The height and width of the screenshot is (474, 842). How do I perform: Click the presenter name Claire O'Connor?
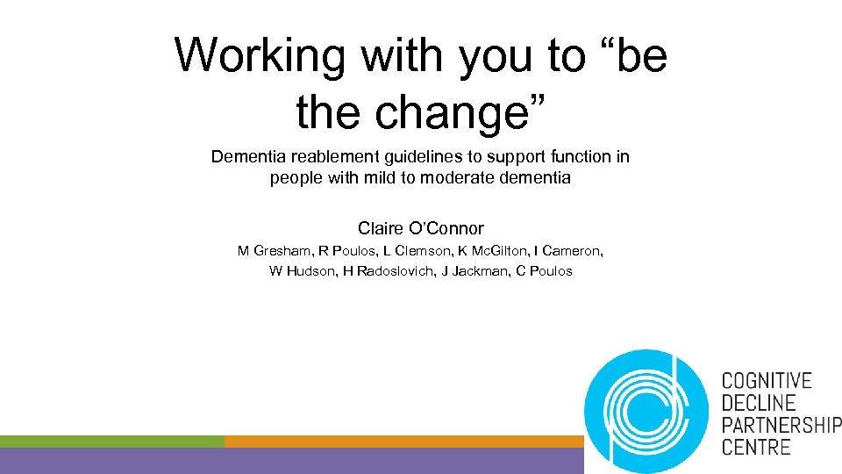point(421,228)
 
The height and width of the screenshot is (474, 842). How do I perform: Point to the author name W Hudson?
point(299,271)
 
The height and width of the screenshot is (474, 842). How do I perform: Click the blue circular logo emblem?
point(646,411)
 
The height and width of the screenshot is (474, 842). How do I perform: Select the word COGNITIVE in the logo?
point(766,381)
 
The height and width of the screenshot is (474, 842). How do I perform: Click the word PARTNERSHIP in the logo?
point(781,425)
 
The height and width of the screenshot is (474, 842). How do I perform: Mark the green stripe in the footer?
point(111,441)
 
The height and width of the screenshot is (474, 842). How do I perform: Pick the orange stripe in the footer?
point(403,441)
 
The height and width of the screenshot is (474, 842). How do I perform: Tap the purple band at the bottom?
point(289,461)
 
